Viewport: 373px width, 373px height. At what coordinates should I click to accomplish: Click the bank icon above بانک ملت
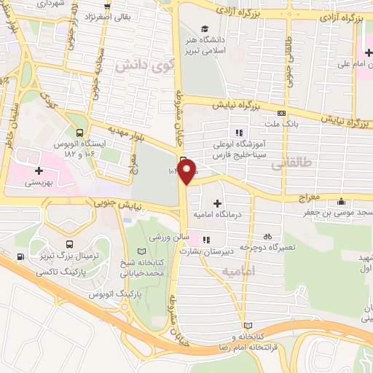tap(282, 113)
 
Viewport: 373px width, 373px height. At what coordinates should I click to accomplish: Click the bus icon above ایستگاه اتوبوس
tap(79, 132)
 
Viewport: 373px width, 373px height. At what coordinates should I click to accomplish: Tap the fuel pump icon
tap(19, 256)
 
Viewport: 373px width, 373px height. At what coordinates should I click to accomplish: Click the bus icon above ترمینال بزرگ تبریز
tap(69, 245)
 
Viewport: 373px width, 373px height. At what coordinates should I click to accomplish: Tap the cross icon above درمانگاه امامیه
tap(217, 203)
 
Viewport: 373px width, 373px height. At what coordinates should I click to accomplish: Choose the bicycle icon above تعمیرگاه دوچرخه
tap(268, 235)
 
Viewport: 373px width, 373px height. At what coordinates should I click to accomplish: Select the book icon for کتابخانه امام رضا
tap(248, 326)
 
